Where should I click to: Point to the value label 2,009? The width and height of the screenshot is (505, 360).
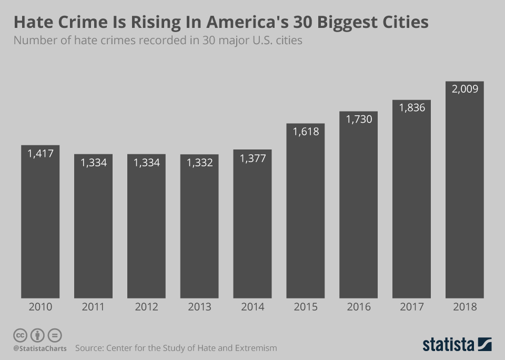(x=464, y=89)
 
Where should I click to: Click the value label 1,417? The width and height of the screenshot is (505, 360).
(x=41, y=153)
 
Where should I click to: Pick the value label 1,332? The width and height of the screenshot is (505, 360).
(x=199, y=163)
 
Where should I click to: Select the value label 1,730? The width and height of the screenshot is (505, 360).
(x=359, y=119)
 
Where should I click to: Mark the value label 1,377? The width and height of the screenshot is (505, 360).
(x=252, y=158)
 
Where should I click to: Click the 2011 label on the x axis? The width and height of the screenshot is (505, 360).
(x=94, y=307)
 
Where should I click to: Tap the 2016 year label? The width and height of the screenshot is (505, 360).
(x=359, y=307)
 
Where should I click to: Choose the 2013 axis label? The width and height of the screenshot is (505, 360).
(x=199, y=307)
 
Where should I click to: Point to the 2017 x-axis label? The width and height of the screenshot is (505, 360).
(x=411, y=307)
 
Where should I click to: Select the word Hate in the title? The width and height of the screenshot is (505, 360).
(x=32, y=22)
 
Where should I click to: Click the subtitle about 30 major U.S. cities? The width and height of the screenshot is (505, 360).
(x=158, y=41)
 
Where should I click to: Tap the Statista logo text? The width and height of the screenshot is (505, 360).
(x=448, y=345)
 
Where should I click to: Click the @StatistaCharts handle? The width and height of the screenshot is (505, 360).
(x=40, y=348)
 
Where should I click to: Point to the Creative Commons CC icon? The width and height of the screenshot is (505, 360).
(x=20, y=335)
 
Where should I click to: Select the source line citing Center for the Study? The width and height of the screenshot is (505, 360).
(x=176, y=348)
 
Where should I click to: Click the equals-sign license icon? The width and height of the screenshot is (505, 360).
(x=55, y=335)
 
